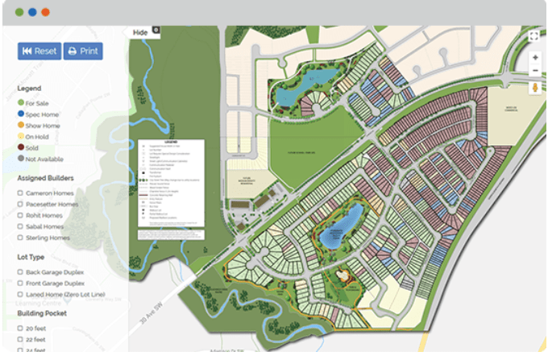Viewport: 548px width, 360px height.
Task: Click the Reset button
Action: (x=39, y=51)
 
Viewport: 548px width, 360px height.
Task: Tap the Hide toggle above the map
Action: (x=141, y=32)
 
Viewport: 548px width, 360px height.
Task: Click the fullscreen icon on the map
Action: (x=534, y=35)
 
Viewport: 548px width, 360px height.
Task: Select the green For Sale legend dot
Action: (x=20, y=103)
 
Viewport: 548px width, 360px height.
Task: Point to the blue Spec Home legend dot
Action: (x=20, y=114)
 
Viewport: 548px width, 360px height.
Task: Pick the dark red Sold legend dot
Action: (x=20, y=148)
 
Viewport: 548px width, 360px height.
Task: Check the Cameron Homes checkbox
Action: (x=20, y=193)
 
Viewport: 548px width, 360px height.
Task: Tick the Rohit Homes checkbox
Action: (x=20, y=216)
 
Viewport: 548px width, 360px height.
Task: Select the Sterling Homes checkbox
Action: (x=20, y=238)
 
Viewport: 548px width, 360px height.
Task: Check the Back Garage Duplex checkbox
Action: (x=20, y=272)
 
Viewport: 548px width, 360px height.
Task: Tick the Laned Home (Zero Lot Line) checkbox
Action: (x=20, y=295)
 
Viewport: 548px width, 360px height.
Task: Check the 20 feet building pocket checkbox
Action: (x=20, y=329)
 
